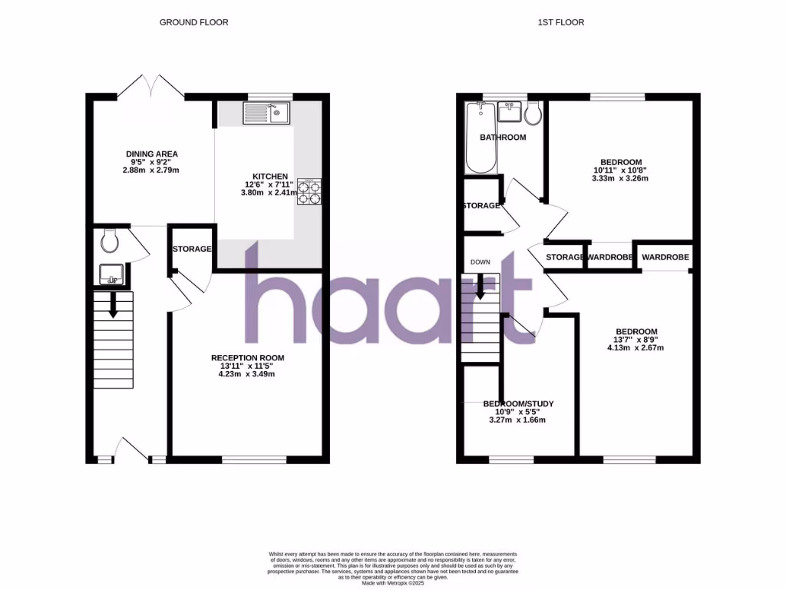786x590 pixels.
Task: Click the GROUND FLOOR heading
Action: [187, 22]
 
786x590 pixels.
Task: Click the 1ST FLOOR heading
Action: [560, 22]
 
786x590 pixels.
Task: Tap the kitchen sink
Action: [266, 114]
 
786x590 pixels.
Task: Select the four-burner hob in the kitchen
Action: [309, 191]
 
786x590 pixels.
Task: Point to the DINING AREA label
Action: [152, 154]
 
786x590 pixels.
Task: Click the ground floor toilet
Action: [109, 242]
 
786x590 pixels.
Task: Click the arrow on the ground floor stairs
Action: [113, 306]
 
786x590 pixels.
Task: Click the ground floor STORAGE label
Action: [192, 249]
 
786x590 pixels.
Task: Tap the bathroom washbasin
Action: [509, 113]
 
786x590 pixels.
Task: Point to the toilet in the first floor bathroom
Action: [533, 114]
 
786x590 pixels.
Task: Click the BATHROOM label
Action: [503, 138]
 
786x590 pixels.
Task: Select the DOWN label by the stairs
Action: [481, 262]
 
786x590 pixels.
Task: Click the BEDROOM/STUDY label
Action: [518, 404]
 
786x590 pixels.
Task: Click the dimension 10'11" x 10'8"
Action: [621, 170]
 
